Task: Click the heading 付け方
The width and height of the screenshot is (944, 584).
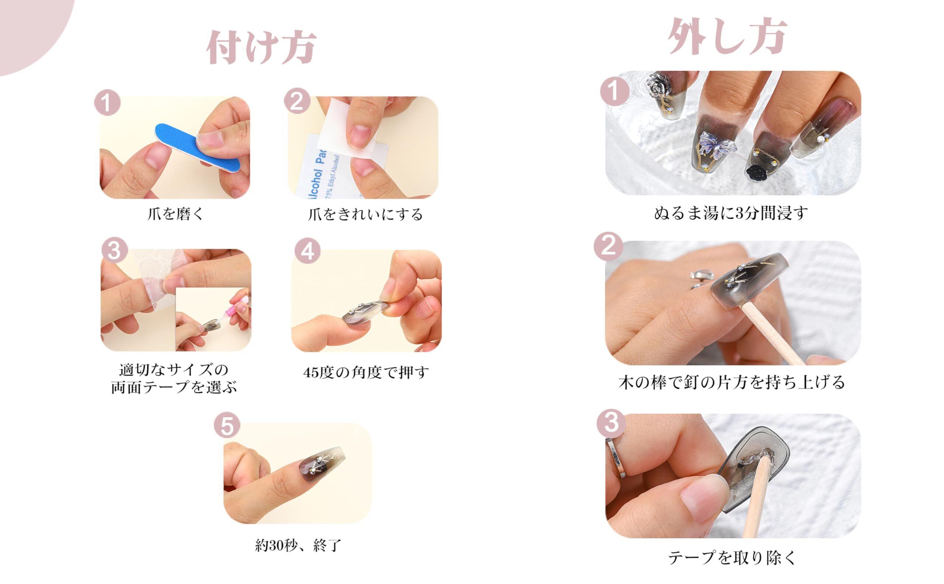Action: [x=261, y=48]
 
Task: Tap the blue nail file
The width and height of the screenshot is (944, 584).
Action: [x=197, y=146]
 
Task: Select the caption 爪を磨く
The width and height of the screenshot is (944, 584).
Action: [x=176, y=213]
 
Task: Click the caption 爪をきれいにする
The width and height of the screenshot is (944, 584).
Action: [x=365, y=214]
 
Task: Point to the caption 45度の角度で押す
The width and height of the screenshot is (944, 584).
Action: [x=366, y=373]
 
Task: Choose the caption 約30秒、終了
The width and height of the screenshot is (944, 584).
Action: [x=298, y=545]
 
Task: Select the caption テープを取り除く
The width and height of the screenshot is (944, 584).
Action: [x=732, y=558]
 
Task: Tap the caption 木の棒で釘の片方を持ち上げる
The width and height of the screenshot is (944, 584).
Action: [x=732, y=382]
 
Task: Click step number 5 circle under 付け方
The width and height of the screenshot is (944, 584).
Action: [x=227, y=425]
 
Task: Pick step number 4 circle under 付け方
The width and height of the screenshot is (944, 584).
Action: [x=308, y=251]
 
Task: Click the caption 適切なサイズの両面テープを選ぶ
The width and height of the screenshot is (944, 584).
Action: [x=174, y=379]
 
